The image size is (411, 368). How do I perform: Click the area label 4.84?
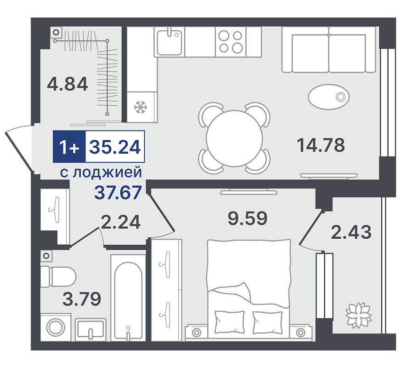68,84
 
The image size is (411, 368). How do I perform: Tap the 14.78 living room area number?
321,145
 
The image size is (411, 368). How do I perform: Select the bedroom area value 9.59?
248,218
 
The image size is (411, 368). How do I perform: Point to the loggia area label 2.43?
351,232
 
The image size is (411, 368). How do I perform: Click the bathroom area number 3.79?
82,299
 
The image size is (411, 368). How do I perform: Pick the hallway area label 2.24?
121,222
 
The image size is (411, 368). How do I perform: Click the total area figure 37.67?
118,192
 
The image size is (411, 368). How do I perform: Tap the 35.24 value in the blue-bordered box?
115,147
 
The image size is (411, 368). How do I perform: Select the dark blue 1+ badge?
69,146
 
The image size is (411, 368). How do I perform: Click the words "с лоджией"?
101,172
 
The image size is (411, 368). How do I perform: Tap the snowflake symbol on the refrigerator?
141,107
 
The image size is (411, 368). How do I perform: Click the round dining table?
234,138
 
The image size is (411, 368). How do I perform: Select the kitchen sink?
169,42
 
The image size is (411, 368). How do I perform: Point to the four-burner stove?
231,42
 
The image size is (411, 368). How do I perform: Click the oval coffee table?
329,97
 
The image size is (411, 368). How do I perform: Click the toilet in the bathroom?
58,277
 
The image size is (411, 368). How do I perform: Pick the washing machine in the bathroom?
56,327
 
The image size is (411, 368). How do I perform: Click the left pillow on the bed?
229,322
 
